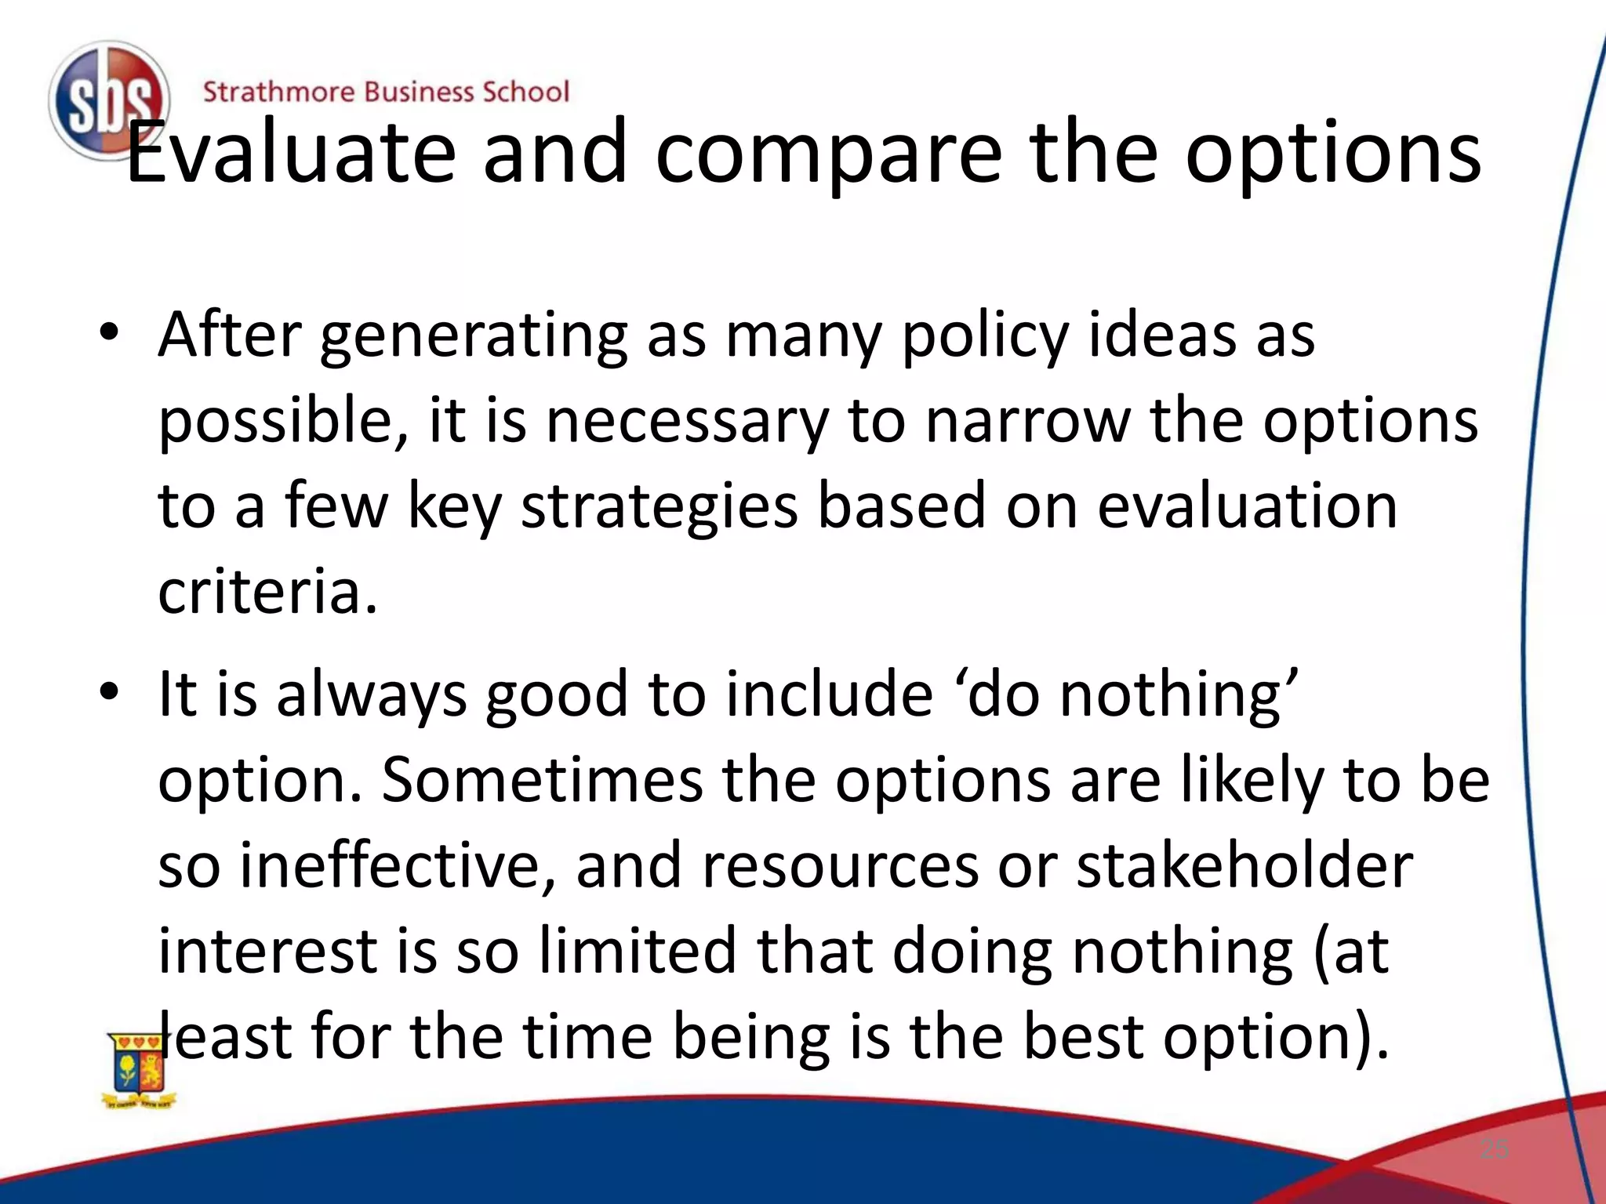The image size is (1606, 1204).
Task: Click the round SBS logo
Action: (x=107, y=100)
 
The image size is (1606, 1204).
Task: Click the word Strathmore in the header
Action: (x=278, y=92)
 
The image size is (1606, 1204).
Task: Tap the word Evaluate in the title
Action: (x=290, y=153)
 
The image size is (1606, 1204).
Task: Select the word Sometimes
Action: (x=542, y=780)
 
